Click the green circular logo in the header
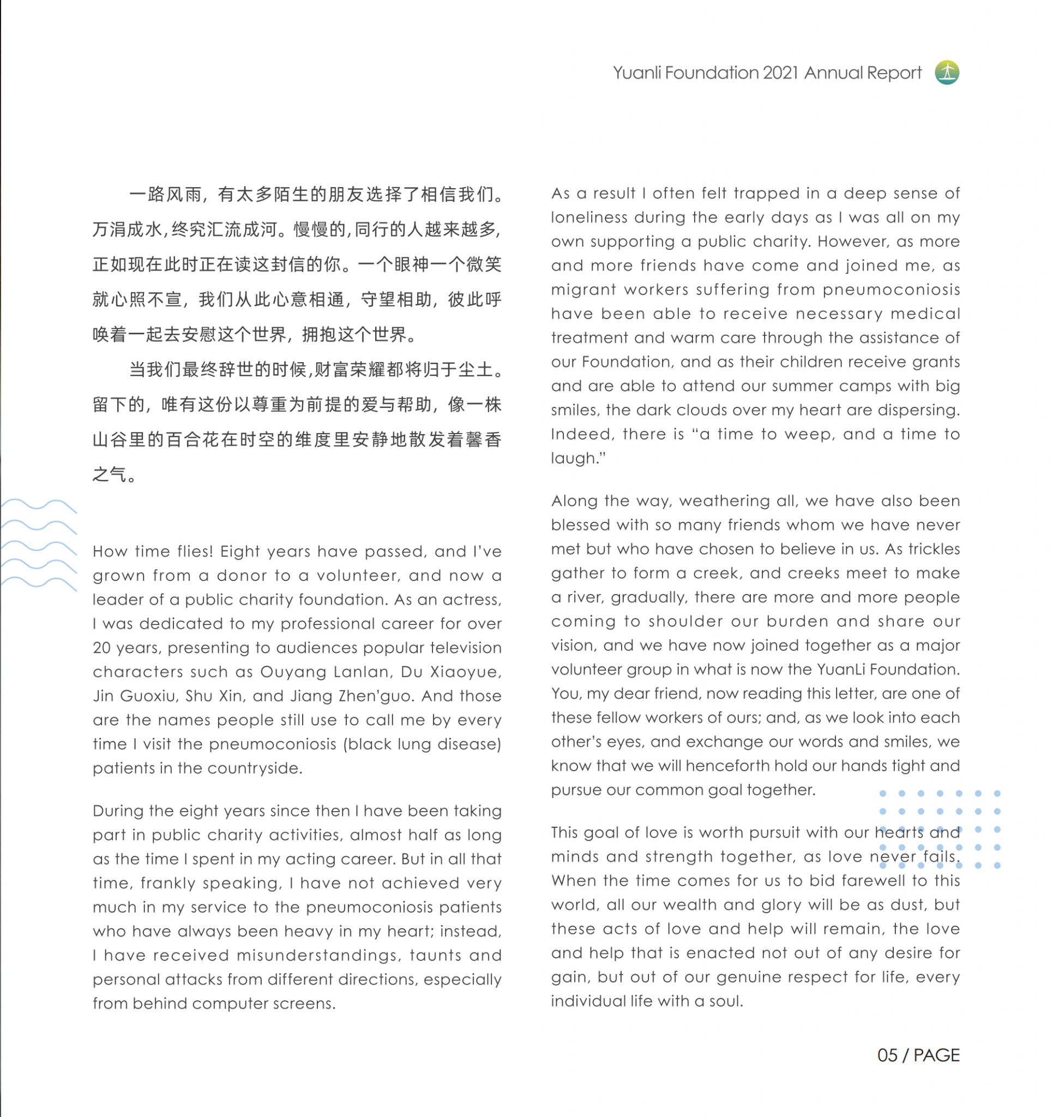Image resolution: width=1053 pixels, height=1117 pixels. coord(947,73)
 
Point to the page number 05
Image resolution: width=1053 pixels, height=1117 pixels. coord(887,1055)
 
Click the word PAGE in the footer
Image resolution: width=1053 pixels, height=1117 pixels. coord(937,1055)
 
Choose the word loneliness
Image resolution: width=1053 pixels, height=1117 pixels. coord(588,218)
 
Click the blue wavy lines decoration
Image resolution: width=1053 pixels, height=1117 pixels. coord(38,544)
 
